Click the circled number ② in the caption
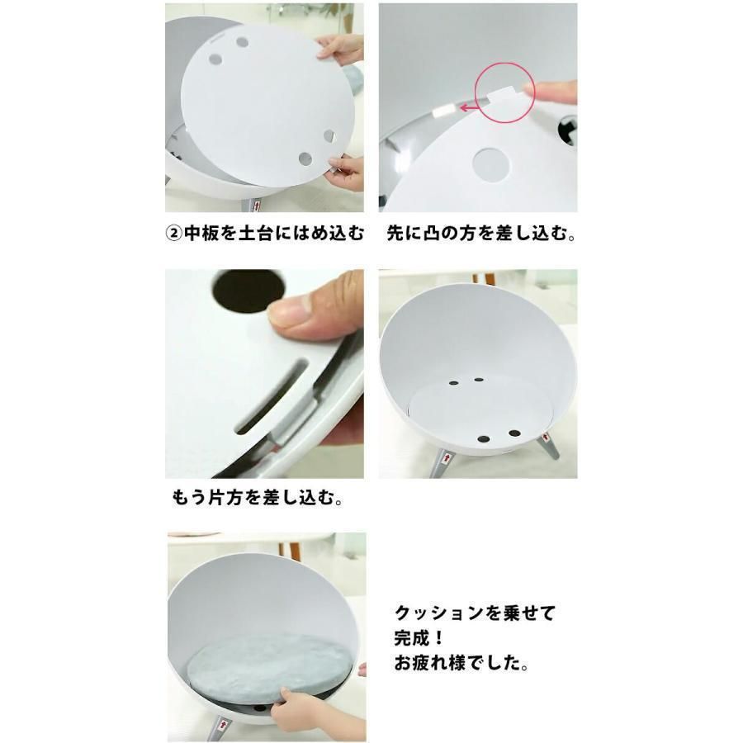(173, 233)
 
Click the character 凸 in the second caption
(431, 233)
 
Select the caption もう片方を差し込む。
(258, 498)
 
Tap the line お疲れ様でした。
(461, 663)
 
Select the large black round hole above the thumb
(249, 291)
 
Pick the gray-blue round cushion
(268, 669)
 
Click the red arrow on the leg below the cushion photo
(223, 726)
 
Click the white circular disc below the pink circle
(491, 164)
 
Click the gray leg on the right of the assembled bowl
(549, 445)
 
